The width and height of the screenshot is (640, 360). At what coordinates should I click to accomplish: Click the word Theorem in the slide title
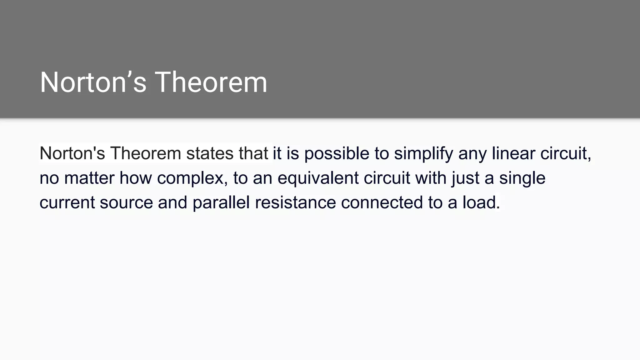click(211, 82)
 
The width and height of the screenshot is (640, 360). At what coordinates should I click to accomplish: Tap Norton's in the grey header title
click(93, 82)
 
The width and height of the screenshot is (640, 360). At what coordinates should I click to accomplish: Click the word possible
click(337, 153)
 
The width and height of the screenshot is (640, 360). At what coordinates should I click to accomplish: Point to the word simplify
click(423, 153)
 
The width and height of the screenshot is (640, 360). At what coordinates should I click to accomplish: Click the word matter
click(89, 178)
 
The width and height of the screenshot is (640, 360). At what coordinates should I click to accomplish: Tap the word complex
click(192, 178)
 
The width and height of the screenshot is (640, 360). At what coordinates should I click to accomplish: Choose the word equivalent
click(318, 178)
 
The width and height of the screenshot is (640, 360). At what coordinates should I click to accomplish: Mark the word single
click(522, 178)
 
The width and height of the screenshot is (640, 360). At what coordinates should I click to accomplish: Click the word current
click(67, 202)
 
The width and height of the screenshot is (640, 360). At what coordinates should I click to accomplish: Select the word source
click(126, 202)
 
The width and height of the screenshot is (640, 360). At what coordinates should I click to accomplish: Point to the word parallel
click(221, 202)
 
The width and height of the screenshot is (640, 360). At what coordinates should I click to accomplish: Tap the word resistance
click(295, 202)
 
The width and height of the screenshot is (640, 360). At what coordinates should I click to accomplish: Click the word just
click(465, 178)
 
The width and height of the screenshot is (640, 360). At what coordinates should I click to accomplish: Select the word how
click(136, 178)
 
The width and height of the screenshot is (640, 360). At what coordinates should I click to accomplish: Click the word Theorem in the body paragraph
click(146, 153)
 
